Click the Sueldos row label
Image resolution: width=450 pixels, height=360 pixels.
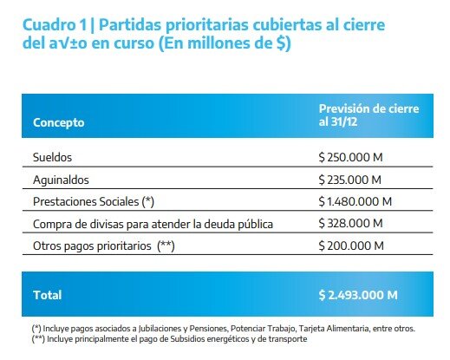point(52,157)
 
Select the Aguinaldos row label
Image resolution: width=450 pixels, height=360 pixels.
point(61,180)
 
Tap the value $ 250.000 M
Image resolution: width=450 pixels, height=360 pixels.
point(350,157)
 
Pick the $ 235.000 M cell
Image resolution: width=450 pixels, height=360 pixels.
point(350,180)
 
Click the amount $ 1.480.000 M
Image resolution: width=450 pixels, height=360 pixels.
point(355,201)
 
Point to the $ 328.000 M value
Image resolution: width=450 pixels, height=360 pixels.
point(350,223)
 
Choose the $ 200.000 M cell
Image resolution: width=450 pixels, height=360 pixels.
point(351,245)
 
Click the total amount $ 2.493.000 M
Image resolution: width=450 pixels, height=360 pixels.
point(358,295)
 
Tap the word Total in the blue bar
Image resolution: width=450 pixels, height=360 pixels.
point(48,295)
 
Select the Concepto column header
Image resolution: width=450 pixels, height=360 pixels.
point(59,122)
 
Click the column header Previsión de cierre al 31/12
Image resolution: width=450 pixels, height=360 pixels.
point(368,115)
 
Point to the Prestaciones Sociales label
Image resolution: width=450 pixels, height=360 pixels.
point(86,202)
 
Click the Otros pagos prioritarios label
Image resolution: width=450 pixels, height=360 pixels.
point(92,246)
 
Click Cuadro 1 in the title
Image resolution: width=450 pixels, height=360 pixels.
point(55,24)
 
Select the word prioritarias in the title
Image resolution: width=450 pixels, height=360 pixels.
point(207,25)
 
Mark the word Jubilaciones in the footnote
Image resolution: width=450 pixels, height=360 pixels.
point(160,329)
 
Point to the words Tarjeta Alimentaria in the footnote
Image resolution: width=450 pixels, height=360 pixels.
point(334,329)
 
